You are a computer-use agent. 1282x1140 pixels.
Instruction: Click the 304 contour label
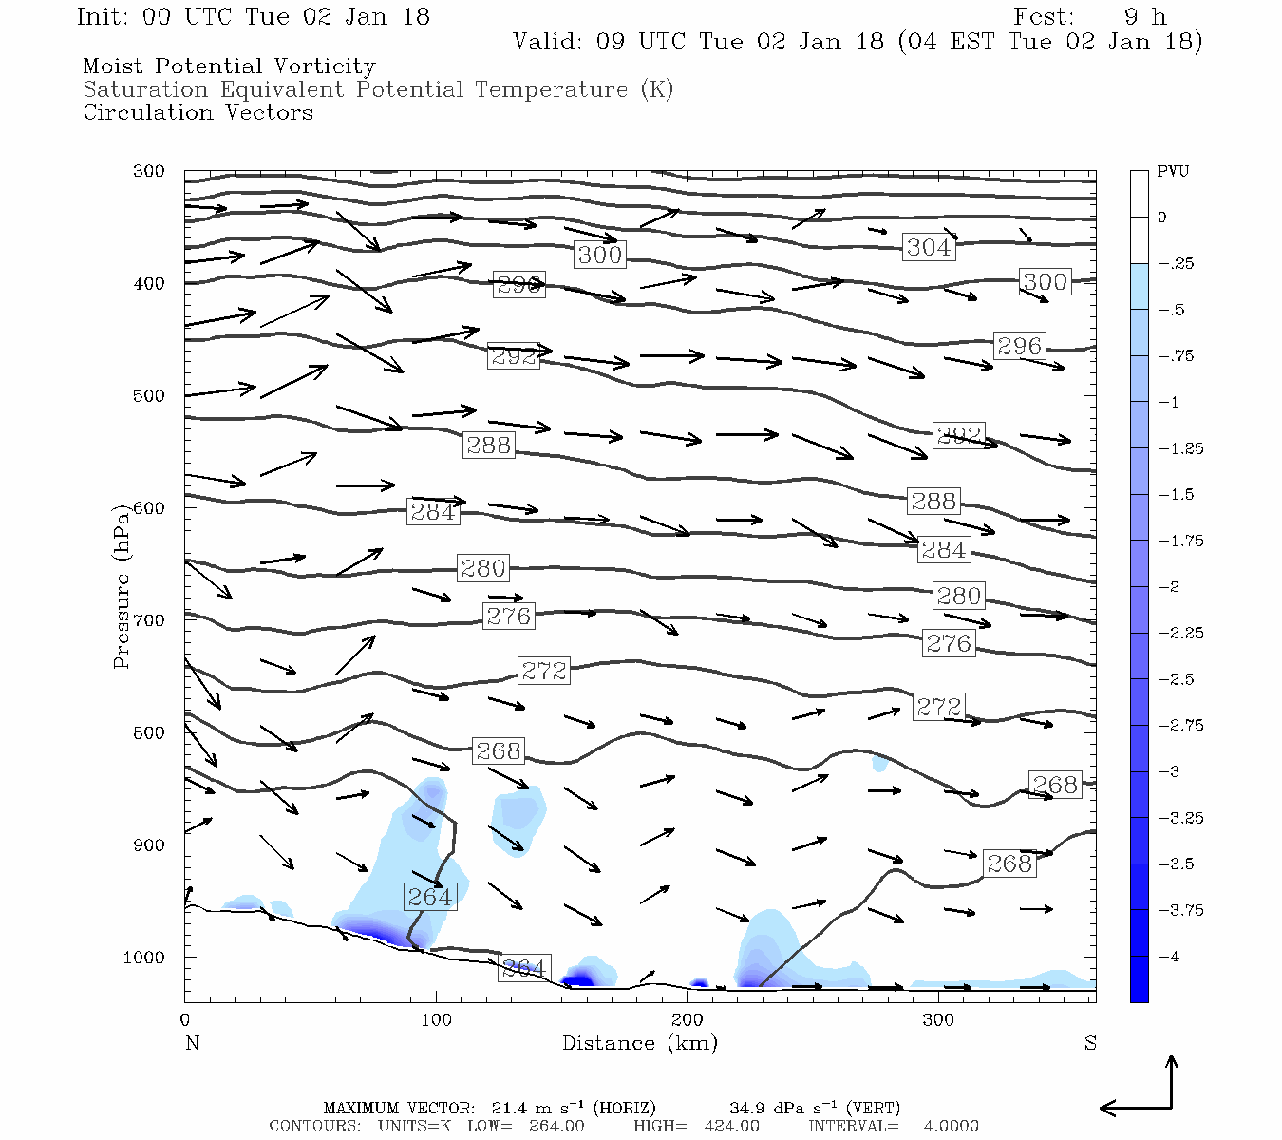pos(928,248)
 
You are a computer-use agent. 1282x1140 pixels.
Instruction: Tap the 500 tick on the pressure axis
pos(149,396)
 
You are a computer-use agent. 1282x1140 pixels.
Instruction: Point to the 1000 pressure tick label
pos(144,958)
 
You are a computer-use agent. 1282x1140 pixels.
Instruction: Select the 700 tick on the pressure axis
pos(149,620)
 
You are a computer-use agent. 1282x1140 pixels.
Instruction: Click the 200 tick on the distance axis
pos(688,1020)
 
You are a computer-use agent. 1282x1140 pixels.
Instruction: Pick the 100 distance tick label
pos(436,1020)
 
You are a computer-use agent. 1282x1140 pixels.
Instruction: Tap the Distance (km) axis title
pos(639,1043)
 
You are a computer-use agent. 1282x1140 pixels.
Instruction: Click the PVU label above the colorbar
pos(1173,172)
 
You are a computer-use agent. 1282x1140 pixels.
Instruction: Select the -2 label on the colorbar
pos(1168,587)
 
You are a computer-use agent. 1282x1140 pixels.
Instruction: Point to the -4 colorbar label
pos(1168,957)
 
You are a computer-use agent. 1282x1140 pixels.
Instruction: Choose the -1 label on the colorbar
pos(1168,402)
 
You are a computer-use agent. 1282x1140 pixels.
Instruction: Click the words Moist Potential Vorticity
pos(229,66)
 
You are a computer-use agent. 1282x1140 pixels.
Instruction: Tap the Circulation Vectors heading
pos(198,113)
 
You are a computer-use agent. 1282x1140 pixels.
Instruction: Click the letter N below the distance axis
pos(192,1043)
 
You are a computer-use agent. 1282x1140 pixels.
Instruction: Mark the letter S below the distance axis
pos(1090,1043)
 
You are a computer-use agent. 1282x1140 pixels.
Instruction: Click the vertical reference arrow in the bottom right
pos(1172,1081)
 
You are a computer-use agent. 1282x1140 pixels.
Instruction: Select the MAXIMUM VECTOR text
pos(398,1108)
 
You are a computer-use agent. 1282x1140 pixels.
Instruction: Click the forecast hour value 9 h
pos(1144,17)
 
